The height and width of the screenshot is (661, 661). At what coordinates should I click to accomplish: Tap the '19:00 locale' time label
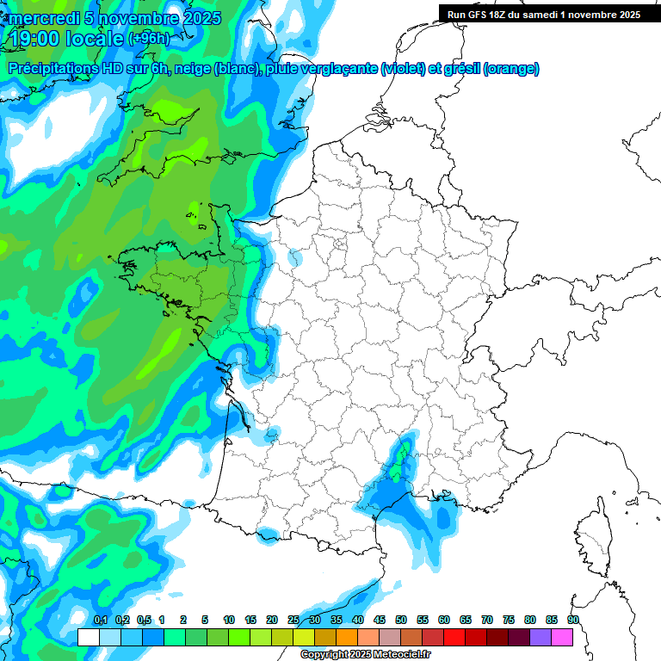click(x=67, y=39)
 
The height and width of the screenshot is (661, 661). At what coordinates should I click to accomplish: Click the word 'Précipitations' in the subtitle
click(x=54, y=68)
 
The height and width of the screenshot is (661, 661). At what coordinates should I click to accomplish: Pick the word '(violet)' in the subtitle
click(x=403, y=69)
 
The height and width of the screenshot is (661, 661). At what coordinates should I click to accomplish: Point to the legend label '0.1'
click(x=101, y=621)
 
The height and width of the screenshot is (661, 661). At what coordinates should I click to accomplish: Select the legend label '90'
click(x=572, y=621)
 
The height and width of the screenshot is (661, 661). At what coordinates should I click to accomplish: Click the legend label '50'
click(x=401, y=621)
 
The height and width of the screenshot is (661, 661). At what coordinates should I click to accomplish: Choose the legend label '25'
click(x=293, y=621)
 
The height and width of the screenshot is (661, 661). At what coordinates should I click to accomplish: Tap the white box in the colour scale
click(x=89, y=637)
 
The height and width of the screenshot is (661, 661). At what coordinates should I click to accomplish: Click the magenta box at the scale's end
click(x=562, y=637)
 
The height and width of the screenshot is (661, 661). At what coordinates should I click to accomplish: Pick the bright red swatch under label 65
click(x=454, y=637)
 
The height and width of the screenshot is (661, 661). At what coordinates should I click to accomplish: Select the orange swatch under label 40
click(x=347, y=637)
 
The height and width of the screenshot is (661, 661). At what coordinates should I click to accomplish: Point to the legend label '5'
click(x=205, y=621)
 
